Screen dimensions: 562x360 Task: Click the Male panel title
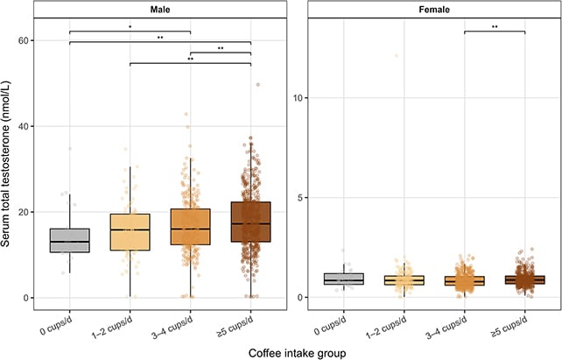160,10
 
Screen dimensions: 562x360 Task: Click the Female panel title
434,10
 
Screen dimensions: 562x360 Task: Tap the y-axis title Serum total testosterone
6,164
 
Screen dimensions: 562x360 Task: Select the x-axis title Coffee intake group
297,353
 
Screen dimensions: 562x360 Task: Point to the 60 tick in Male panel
24,40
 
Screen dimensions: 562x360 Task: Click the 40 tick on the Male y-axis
24,126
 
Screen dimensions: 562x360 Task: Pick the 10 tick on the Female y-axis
299,98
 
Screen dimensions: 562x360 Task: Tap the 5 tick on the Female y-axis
300,198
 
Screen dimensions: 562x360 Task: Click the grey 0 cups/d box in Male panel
69,240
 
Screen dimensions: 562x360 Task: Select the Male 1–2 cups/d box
130,232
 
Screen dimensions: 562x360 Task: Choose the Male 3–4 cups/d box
190,227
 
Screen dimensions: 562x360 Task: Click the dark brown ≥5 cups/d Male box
251,222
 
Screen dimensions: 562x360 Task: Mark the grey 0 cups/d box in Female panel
344,279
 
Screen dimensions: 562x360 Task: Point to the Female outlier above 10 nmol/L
397,55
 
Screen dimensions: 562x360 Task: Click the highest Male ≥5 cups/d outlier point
257,85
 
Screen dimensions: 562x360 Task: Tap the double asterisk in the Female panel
495,27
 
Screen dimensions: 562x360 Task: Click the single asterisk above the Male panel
130,27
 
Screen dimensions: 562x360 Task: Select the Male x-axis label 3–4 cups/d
172,328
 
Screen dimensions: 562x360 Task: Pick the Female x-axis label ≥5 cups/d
509,328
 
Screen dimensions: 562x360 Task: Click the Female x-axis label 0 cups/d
331,326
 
